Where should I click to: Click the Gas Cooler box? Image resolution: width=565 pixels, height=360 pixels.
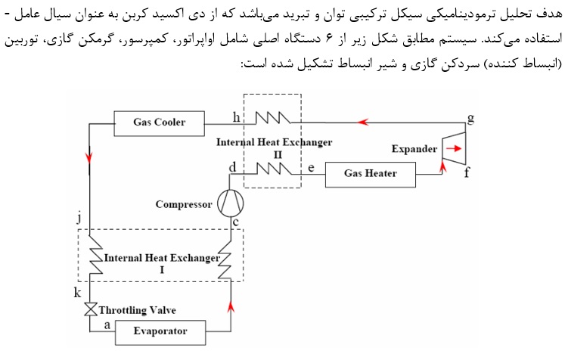pos(159,122)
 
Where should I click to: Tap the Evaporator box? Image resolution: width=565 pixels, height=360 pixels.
pos(160,331)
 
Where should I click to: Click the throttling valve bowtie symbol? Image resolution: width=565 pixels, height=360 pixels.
pos(89,310)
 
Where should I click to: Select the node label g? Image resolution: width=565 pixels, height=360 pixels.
pos(471,118)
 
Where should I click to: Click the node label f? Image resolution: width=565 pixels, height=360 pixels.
pos(467,173)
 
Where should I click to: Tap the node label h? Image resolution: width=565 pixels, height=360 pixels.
pos(237,116)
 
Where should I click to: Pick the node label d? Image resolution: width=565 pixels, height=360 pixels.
pos(232,166)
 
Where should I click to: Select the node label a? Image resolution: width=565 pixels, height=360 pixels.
pos(106,323)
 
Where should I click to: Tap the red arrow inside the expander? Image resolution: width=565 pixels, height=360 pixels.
pos(451,149)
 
